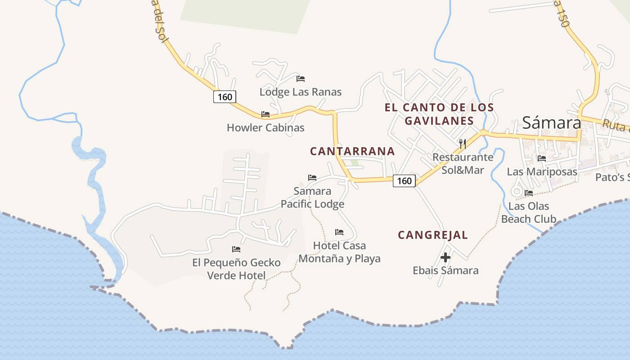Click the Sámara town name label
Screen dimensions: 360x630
552,122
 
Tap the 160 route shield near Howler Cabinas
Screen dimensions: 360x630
225,97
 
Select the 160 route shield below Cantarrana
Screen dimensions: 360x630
404,181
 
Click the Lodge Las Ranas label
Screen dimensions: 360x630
301,92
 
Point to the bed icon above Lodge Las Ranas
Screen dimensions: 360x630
301,79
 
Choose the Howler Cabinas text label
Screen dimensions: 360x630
265,127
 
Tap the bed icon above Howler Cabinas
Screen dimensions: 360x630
265,114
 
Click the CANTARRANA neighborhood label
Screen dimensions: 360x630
352,151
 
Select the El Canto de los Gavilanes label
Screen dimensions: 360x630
439,114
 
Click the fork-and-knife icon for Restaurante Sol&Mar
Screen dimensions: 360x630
462,144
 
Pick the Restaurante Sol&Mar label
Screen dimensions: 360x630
463,163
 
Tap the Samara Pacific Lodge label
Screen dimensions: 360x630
312,198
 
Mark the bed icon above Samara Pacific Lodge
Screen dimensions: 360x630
312,178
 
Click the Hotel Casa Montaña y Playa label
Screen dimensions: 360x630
339,252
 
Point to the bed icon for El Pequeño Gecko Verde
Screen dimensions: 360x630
236,249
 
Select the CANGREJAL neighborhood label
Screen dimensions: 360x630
433,235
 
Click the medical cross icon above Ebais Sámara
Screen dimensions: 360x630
445,257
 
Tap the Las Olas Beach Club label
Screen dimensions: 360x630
529,212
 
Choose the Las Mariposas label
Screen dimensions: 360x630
542,171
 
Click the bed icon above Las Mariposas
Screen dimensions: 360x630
542,158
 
